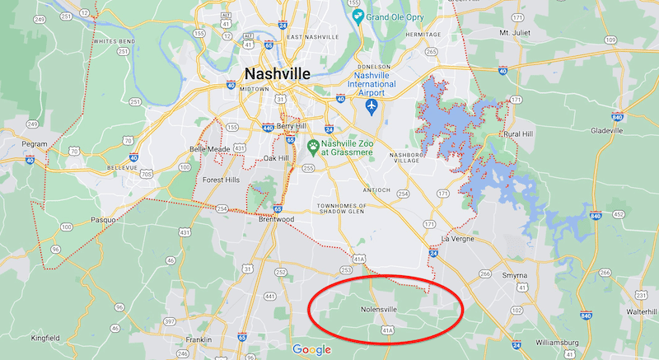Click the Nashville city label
pyautogui.click(x=277, y=74)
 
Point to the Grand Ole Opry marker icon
pyautogui.click(x=357, y=16)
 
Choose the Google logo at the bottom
pyautogui.click(x=311, y=349)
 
